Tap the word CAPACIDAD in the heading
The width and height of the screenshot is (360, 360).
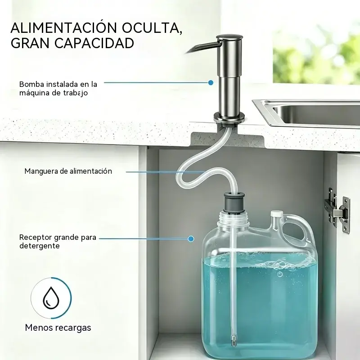tap(94, 43)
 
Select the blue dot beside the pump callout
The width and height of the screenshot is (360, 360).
tap(211, 83)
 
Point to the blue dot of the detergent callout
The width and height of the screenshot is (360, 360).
tap(190, 239)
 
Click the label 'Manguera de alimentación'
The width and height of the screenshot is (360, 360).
tap(68, 171)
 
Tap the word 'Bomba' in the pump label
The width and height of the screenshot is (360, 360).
tap(31, 84)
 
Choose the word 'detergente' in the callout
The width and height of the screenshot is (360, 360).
tap(40, 246)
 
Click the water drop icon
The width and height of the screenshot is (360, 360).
tap(51, 298)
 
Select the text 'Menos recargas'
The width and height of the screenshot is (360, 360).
tap(58, 328)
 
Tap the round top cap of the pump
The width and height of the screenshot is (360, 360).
tap(229, 38)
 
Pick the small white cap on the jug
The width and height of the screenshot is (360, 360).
tap(277, 214)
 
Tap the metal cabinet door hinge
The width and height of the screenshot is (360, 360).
tap(337, 210)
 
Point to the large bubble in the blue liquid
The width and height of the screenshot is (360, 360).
tap(280, 274)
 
